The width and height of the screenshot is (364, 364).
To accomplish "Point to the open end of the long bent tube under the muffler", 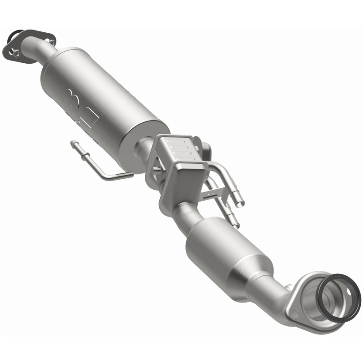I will pyautogui.click(x=73, y=144).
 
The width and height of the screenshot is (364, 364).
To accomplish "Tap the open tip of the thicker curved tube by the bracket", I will pyautogui.click(x=240, y=201).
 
